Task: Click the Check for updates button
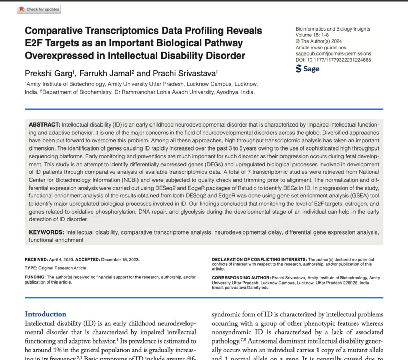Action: point(39,9)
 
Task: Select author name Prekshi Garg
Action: point(48,73)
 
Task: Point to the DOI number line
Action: point(333,60)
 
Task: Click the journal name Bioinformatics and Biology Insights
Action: point(333,29)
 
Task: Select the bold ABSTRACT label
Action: point(44,125)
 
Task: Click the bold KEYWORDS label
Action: point(46,232)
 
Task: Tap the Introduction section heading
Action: point(46,314)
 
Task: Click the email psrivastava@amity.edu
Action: point(247,288)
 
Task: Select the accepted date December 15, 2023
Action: point(120,260)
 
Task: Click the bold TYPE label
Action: point(31,268)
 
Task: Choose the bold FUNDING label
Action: point(35,277)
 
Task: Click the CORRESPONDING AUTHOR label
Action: point(241,278)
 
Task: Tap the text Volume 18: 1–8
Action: point(312,35)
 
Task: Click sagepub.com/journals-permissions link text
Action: point(333,54)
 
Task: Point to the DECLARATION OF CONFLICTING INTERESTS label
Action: point(259,260)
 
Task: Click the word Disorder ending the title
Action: point(225,56)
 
